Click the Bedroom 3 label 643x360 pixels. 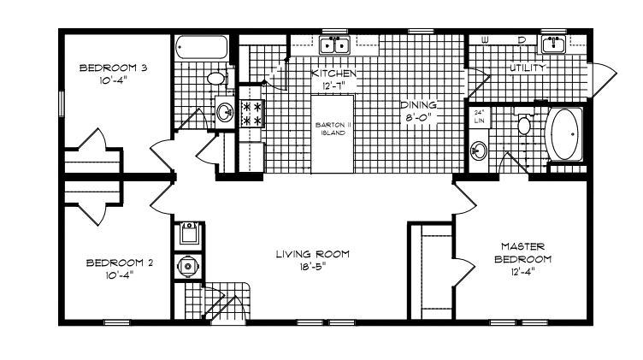113,68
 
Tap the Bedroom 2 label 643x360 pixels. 120,263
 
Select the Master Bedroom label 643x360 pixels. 522,252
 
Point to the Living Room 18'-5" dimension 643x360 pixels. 312,267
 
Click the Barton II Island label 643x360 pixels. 333,129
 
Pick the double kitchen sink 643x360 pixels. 334,44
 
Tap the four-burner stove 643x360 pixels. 251,114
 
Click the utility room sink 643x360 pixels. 553,44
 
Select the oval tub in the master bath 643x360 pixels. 564,134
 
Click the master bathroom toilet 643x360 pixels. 523,123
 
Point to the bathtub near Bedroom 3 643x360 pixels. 201,47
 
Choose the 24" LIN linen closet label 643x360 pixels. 479,116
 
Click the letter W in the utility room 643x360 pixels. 485,40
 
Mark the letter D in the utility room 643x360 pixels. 522,40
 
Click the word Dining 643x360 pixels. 418,105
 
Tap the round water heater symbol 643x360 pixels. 188,267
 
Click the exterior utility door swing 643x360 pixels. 604,80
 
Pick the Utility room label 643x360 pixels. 528,68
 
